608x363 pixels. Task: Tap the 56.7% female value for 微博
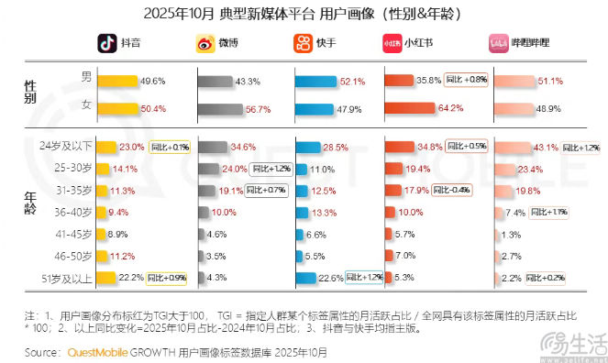coord(248,108)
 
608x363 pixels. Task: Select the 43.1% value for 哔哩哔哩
coord(547,148)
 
